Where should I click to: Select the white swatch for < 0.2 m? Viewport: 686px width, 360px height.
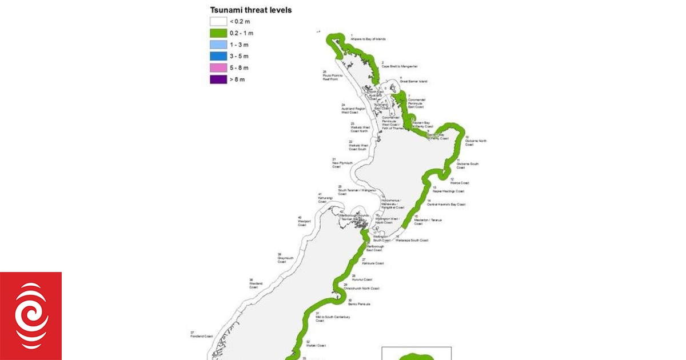[218, 21]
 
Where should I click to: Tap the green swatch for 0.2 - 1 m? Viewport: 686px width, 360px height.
[218, 33]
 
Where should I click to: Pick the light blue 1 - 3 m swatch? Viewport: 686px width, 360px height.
[218, 45]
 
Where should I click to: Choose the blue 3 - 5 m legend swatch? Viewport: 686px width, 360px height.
[218, 56]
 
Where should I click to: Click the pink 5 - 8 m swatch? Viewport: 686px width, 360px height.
[218, 67]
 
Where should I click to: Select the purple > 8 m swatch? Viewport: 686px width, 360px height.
[218, 79]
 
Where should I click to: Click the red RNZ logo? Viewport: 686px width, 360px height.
[31, 316]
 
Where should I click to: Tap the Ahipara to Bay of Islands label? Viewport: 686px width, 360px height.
[368, 39]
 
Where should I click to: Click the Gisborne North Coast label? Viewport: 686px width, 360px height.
[476, 142]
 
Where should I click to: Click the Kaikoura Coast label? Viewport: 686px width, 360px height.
[372, 263]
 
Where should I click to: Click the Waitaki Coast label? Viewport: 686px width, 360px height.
[316, 345]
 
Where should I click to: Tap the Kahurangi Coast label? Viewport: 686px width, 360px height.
[325, 199]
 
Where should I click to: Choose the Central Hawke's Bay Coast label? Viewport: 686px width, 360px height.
[446, 204]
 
